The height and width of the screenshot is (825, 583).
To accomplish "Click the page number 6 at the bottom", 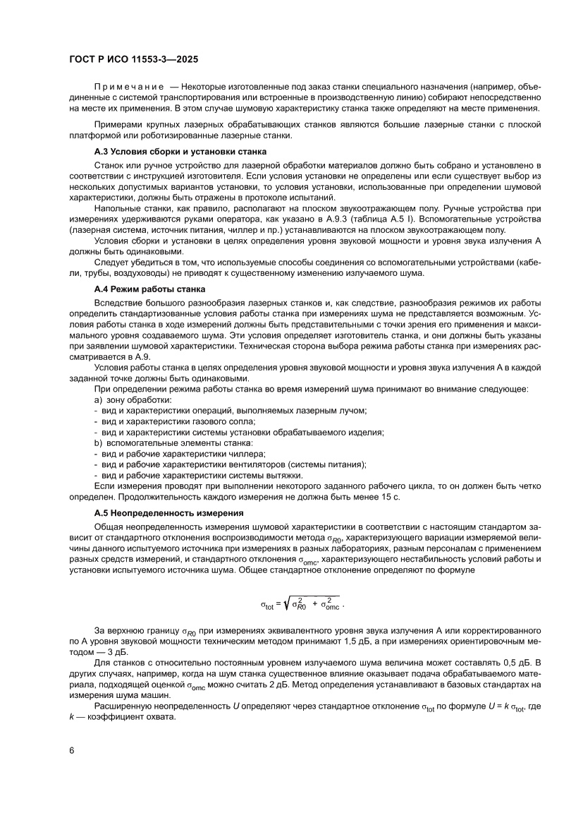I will click(72, 769).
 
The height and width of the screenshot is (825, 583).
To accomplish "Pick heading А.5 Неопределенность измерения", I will click(168, 513).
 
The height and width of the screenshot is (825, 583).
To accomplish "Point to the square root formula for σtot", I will click(303, 603).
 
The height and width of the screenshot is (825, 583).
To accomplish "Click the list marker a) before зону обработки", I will click(99, 400).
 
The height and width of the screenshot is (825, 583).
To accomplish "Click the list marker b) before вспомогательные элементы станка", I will click(99, 442).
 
